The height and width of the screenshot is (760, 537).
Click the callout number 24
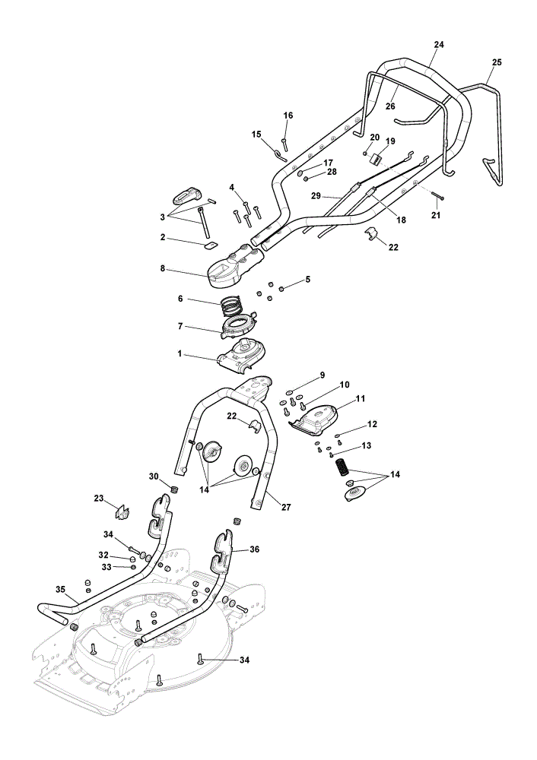tap(439, 45)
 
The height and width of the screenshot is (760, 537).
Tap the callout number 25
tap(497, 62)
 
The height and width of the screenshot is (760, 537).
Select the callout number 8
tap(163, 268)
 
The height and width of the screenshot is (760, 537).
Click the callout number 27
tap(286, 507)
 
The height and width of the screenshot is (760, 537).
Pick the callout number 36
tap(254, 549)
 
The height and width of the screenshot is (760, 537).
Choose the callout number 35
tap(60, 590)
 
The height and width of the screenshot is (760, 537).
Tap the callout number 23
tap(99, 498)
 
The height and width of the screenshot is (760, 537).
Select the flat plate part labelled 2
tap(210, 245)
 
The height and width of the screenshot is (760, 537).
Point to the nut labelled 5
tap(281, 290)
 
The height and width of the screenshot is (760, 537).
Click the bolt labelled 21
tap(437, 196)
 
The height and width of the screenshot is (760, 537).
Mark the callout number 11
tap(360, 398)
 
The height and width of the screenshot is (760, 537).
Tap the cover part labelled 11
tap(316, 420)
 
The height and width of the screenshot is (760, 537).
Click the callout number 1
tap(180, 354)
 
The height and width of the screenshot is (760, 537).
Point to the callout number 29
tap(316, 196)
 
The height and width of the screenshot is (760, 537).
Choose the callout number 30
tap(154, 477)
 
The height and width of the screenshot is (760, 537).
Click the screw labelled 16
tap(285, 144)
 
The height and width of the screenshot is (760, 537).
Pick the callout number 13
tap(367, 445)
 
